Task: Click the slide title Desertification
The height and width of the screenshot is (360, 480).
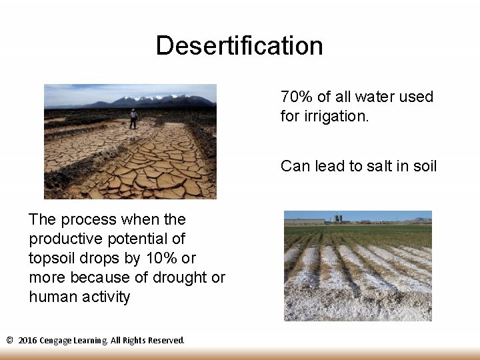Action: [x=239, y=46]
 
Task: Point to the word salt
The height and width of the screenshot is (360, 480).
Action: [x=378, y=166]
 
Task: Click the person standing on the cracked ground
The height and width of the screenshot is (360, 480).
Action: [x=133, y=119]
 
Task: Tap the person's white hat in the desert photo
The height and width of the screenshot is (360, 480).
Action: [x=133, y=110]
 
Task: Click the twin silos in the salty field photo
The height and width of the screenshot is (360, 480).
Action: [x=339, y=218]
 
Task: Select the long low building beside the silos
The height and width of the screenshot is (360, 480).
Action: [x=304, y=221]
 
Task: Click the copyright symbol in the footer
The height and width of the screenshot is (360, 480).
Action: [x=9, y=340]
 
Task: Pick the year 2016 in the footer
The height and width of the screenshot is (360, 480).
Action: [x=27, y=340]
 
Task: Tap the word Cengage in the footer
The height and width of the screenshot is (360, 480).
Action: [x=56, y=340]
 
